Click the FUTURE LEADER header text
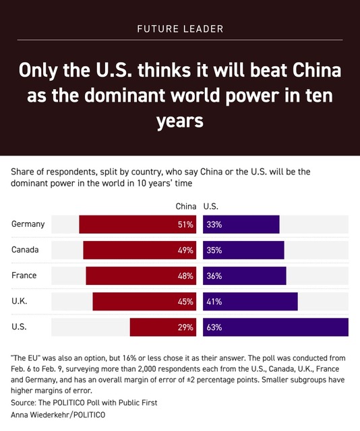coord(180,29)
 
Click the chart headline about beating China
coord(180,96)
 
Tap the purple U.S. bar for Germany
coord(241,224)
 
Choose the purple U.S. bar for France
coord(245,275)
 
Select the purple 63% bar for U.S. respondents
coord(275,327)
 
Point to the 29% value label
coord(185,327)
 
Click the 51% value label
coord(185,224)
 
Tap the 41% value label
coord(214,302)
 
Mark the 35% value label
coord(214,250)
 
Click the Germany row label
coord(28,224)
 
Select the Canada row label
coord(26,250)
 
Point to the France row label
coord(24,275)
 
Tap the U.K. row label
coord(20,302)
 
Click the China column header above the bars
coord(186,206)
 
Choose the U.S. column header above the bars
coord(210,206)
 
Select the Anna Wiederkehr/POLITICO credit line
coord(58,415)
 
